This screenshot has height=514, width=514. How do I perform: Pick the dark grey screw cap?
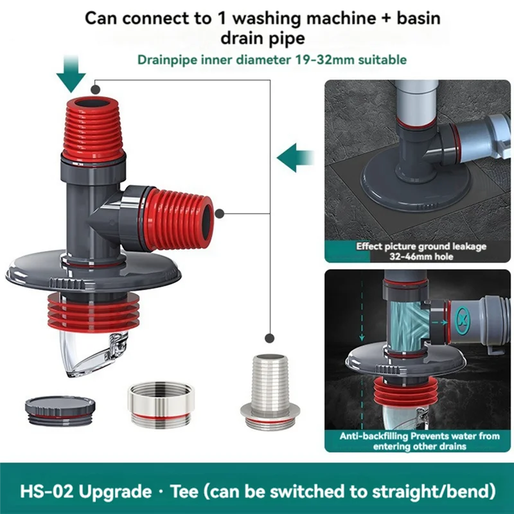pyautogui.click(x=60, y=407)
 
